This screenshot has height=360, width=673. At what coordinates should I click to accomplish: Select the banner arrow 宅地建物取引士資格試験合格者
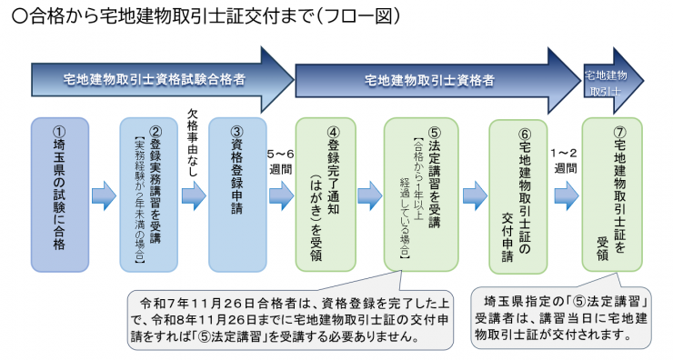tap(155, 80)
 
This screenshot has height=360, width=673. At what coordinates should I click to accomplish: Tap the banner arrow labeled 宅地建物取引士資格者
tap(427, 80)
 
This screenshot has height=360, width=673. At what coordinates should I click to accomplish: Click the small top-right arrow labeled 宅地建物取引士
tap(604, 81)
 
